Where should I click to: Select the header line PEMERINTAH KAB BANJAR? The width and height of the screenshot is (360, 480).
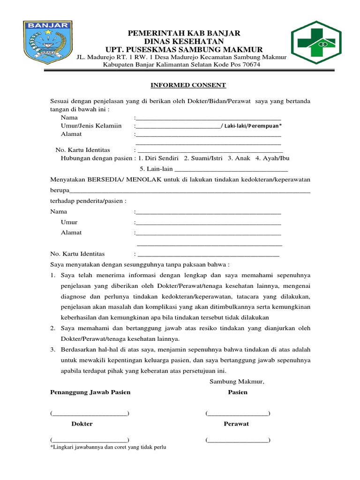[184, 33]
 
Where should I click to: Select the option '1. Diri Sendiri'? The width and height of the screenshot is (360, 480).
[159, 158]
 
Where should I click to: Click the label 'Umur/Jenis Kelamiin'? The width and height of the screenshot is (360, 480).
[91, 126]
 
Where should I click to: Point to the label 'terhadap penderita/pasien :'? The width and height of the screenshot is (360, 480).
[88, 201]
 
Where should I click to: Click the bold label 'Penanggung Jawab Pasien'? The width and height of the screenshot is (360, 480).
[90, 392]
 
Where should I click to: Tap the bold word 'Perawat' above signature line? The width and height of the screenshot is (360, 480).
[236, 424]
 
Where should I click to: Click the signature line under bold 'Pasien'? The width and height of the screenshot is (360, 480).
[238, 413]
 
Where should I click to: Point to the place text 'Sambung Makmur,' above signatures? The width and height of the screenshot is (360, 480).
[237, 382]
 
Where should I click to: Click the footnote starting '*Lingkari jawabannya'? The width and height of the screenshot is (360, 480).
[108, 447]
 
